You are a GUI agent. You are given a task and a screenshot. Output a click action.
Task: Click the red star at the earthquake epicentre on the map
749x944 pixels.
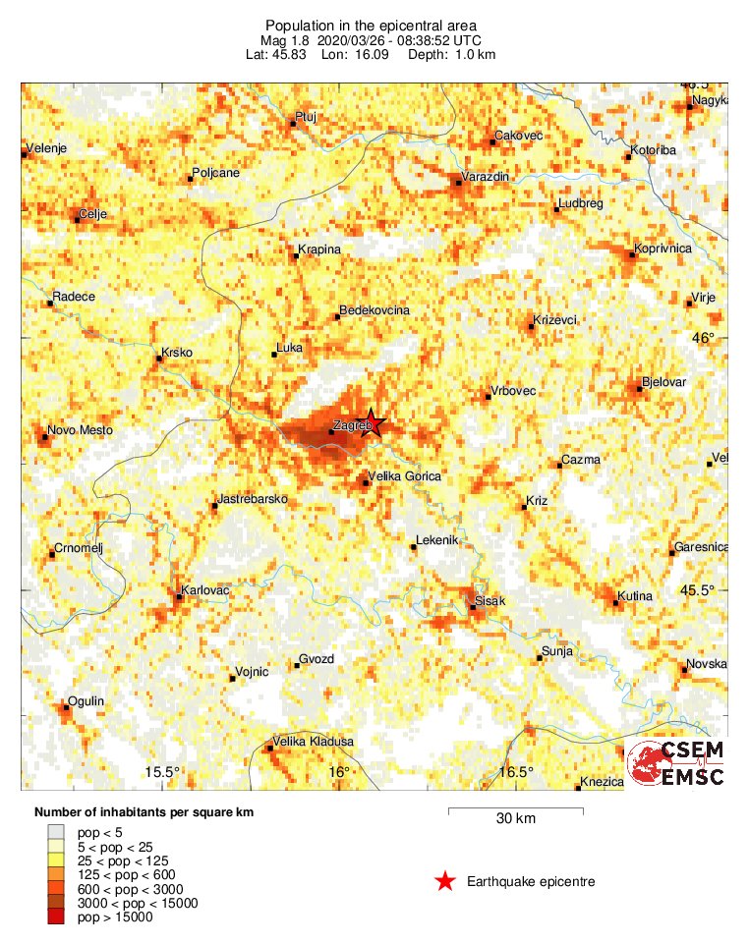[x=372, y=423]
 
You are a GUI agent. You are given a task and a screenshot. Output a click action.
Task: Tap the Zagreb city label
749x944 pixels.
[x=352, y=426]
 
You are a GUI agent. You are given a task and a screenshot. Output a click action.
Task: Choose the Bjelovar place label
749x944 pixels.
[x=663, y=381]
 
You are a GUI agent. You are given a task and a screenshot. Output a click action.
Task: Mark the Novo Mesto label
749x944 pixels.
[x=81, y=430]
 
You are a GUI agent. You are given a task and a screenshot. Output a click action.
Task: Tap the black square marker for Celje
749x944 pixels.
[x=78, y=220]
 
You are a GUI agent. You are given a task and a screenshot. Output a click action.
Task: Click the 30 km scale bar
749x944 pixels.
[x=515, y=811]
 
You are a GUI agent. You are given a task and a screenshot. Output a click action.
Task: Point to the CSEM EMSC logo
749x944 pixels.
[x=677, y=763]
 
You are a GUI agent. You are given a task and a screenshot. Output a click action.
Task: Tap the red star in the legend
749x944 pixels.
[x=445, y=882]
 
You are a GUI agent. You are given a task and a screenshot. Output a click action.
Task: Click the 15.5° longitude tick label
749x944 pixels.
[x=162, y=772]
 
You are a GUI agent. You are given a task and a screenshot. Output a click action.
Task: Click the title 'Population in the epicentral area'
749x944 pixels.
[x=370, y=25]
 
